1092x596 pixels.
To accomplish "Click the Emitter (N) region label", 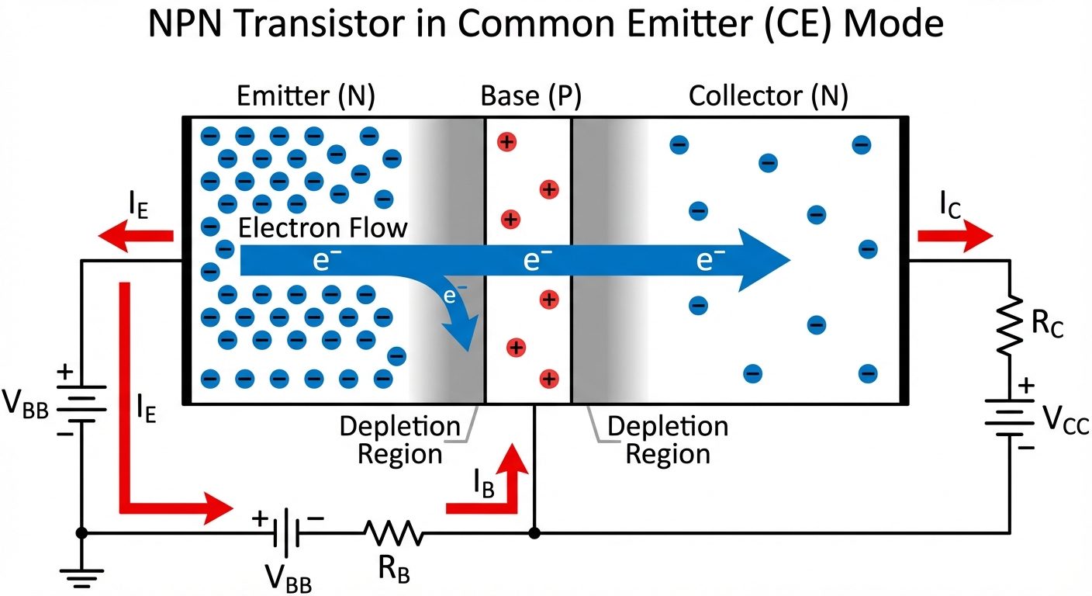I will [x=306, y=96].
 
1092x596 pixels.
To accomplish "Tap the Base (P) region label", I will [x=530, y=96].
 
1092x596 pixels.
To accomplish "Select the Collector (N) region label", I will [x=768, y=96].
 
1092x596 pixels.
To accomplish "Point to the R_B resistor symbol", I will [x=394, y=533].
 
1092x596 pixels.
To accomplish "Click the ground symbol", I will [x=81, y=576].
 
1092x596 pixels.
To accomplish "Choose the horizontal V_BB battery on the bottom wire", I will [x=288, y=533].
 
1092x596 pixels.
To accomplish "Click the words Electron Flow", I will [x=322, y=228].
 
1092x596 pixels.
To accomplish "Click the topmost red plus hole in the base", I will [x=506, y=142].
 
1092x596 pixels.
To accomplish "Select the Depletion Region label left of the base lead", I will [x=399, y=439].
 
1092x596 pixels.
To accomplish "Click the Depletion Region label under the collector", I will [x=668, y=439].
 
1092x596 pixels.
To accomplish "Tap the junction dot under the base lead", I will [x=534, y=533].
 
